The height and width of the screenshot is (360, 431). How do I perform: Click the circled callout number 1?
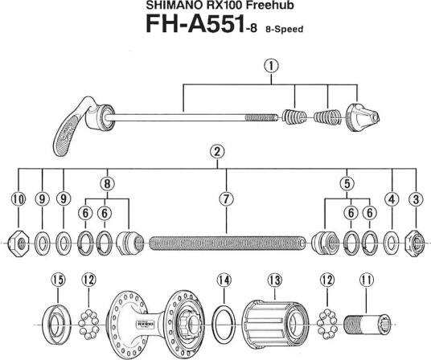pos(271,66)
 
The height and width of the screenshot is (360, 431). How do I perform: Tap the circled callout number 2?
pos(217,152)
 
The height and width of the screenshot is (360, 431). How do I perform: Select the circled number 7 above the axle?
pos(226,198)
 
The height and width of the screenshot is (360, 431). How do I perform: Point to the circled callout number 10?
pos(18,198)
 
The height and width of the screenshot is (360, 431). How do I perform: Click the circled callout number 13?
pos(274,280)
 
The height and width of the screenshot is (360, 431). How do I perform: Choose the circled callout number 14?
pos(224,280)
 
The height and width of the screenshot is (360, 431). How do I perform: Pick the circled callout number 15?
pos(58,280)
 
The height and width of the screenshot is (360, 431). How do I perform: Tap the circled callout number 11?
pos(367,280)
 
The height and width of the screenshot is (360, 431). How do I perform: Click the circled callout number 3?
pos(416,198)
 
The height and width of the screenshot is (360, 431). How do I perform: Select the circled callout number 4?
pos(392,198)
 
